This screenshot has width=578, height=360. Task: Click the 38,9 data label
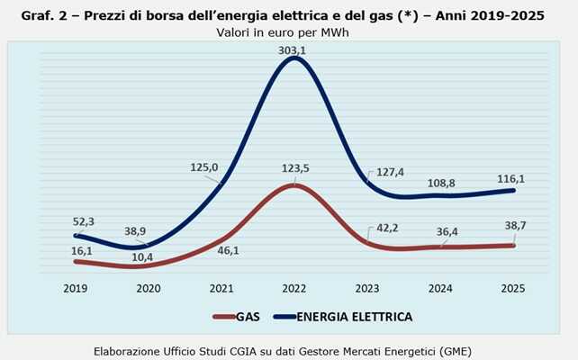136,231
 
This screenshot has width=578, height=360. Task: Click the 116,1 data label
511,180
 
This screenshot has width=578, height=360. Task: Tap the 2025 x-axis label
511,288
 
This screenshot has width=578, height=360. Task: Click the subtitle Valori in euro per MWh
282,32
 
